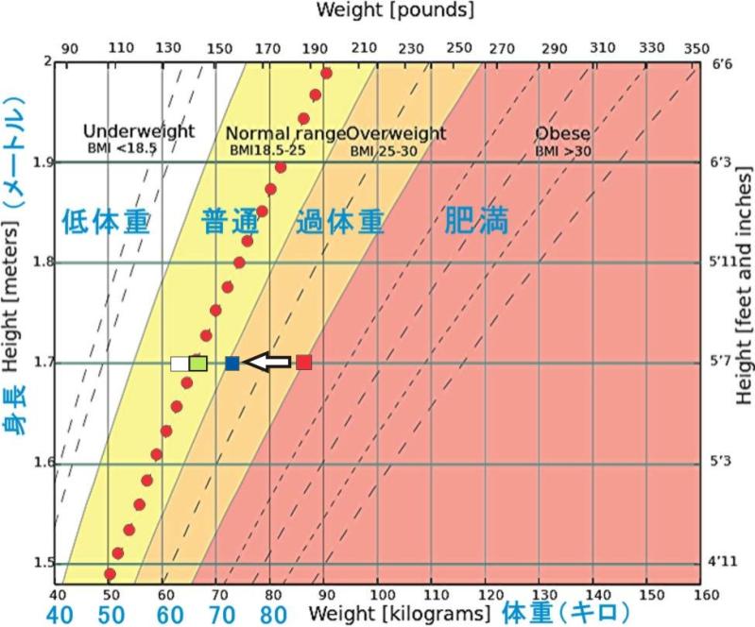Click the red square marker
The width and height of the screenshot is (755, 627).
click(303, 362)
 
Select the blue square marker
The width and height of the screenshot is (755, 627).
click(232, 363)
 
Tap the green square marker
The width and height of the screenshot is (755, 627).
click(197, 363)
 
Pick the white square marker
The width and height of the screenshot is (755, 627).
click(179, 363)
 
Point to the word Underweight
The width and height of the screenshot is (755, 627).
click(139, 131)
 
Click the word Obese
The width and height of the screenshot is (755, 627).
click(562, 133)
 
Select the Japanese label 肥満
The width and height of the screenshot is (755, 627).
click(476, 221)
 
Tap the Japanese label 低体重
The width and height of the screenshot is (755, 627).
click(106, 222)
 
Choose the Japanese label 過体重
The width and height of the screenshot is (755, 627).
click(339, 222)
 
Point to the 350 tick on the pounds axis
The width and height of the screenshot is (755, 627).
click(695, 48)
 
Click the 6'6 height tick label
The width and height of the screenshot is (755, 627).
click(721, 63)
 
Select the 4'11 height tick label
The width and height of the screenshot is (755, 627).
click(721, 564)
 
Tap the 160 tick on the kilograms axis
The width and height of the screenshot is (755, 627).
click(701, 593)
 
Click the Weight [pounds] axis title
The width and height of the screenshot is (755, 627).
click(396, 11)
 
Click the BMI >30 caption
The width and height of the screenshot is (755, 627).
click(562, 150)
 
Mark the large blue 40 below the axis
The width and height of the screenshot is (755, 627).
click(57, 614)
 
